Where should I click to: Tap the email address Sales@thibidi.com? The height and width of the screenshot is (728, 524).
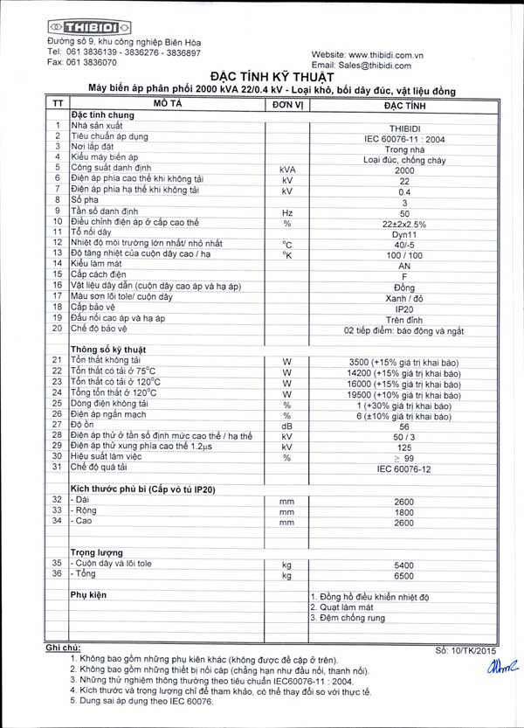(376, 65)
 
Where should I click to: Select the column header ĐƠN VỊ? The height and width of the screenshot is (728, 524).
(286, 103)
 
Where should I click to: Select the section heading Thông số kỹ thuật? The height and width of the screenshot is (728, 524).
(107, 349)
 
